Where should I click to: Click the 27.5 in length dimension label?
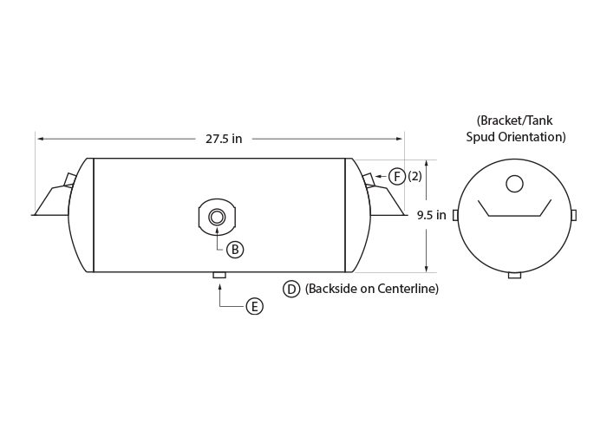coord(224,139)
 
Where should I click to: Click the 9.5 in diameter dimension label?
coord(431,215)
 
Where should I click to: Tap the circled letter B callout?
coord(235,250)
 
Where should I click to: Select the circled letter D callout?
coord(291,289)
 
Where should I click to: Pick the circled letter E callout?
coord(255,306)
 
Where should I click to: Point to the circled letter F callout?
coord(397,177)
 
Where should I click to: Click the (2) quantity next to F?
coord(414,177)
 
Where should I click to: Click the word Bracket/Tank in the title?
coord(514,121)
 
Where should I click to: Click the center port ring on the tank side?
coord(217,217)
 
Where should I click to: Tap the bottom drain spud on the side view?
coord(219,275)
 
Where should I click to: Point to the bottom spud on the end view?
coord(514,275)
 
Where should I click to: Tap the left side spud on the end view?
coord(455,215)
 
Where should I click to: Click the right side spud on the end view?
coord(574,215)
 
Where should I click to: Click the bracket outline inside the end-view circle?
coord(514,216)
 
